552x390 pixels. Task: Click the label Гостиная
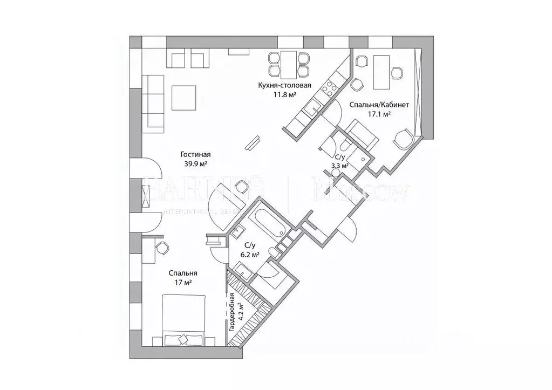click(196, 154)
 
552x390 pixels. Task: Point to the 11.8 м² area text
click(284, 94)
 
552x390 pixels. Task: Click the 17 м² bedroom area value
click(182, 282)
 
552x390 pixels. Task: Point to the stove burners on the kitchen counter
click(328, 86)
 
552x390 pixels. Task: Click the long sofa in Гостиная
click(154, 103)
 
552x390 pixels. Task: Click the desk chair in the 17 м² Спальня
click(161, 247)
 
